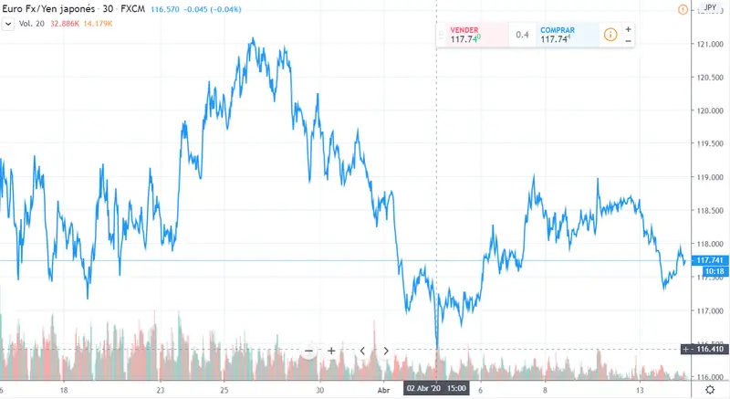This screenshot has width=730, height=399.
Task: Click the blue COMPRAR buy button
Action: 566,35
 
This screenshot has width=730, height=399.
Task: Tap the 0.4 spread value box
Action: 523,36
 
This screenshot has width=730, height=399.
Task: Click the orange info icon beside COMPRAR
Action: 610,36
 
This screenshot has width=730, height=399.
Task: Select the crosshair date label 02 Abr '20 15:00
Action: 436,388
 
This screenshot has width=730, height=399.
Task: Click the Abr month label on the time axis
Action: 385,388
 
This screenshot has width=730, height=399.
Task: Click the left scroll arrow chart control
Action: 362,351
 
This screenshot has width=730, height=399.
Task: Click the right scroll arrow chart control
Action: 386,351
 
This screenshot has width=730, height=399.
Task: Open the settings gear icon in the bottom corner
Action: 710,388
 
